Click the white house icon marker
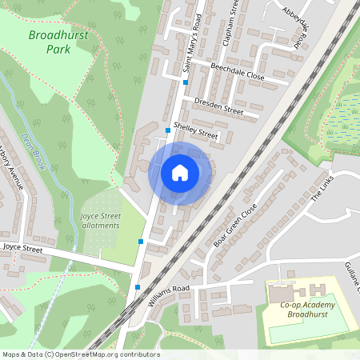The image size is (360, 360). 179,173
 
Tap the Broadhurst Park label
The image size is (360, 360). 60,42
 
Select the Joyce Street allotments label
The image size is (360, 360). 100,220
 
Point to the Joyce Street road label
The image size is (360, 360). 22,249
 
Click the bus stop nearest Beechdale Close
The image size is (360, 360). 185,82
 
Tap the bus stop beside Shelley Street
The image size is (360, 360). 167,130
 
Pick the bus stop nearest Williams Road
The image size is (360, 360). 138,286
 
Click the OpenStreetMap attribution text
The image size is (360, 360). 81,354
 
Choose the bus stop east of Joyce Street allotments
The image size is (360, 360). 141,241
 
